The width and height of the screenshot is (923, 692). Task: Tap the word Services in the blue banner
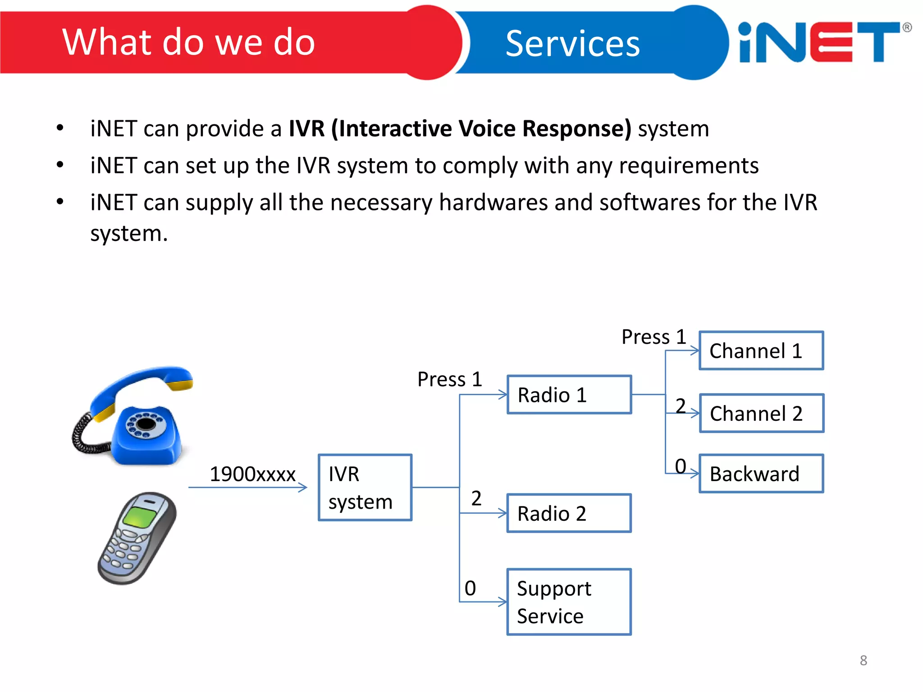[x=572, y=44]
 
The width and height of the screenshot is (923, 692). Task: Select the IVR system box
[x=365, y=487]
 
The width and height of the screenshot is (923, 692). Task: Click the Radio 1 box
[x=569, y=395]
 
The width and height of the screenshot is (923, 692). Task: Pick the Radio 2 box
[x=569, y=513]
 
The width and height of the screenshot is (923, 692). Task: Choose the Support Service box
[x=569, y=602]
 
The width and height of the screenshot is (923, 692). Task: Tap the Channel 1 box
[x=761, y=351]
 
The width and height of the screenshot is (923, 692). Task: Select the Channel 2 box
[x=761, y=413]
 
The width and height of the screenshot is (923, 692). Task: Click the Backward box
[x=761, y=473]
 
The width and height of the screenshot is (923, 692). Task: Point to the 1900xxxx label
[x=252, y=474]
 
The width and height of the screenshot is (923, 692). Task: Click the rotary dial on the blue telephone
[x=146, y=423]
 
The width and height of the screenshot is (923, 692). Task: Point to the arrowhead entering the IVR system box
[x=303, y=487]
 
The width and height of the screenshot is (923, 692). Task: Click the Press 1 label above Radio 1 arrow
[x=449, y=379]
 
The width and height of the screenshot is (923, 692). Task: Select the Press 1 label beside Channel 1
[x=653, y=337]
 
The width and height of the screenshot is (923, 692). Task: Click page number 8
[x=863, y=660]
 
